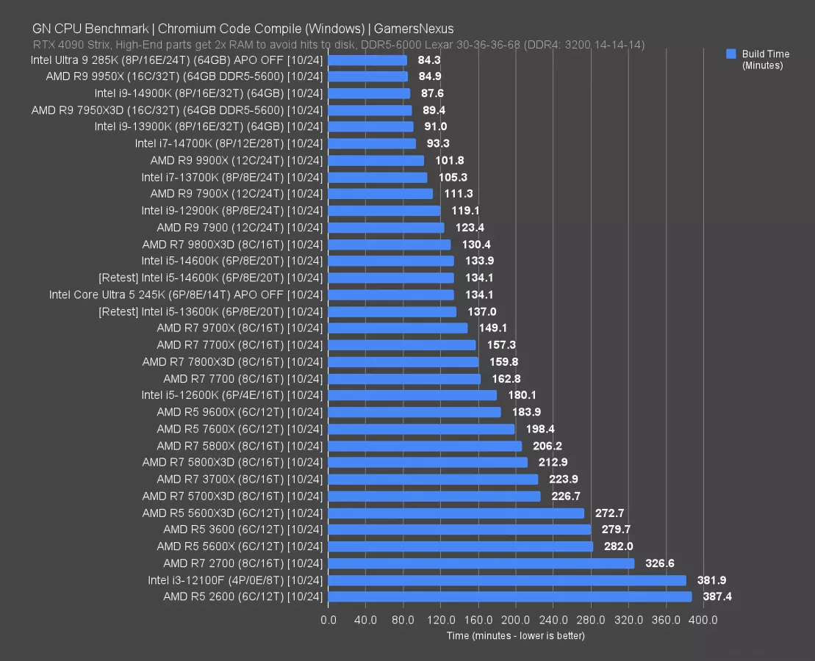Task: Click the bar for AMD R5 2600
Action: (x=509, y=597)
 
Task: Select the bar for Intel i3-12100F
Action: (x=507, y=580)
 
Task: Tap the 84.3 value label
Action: (x=429, y=60)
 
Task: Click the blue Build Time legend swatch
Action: (x=730, y=54)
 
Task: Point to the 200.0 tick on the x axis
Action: (x=516, y=621)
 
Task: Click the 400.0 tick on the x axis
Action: (x=703, y=621)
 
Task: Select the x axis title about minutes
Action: (x=515, y=636)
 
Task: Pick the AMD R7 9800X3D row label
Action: (x=232, y=245)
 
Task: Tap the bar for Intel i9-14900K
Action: (x=369, y=93)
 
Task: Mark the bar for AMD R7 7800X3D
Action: (x=403, y=362)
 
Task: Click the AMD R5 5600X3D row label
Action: (x=232, y=513)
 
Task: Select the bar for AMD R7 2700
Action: (x=481, y=563)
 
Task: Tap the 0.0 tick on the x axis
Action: (x=328, y=621)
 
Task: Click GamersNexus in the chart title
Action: (x=414, y=29)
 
